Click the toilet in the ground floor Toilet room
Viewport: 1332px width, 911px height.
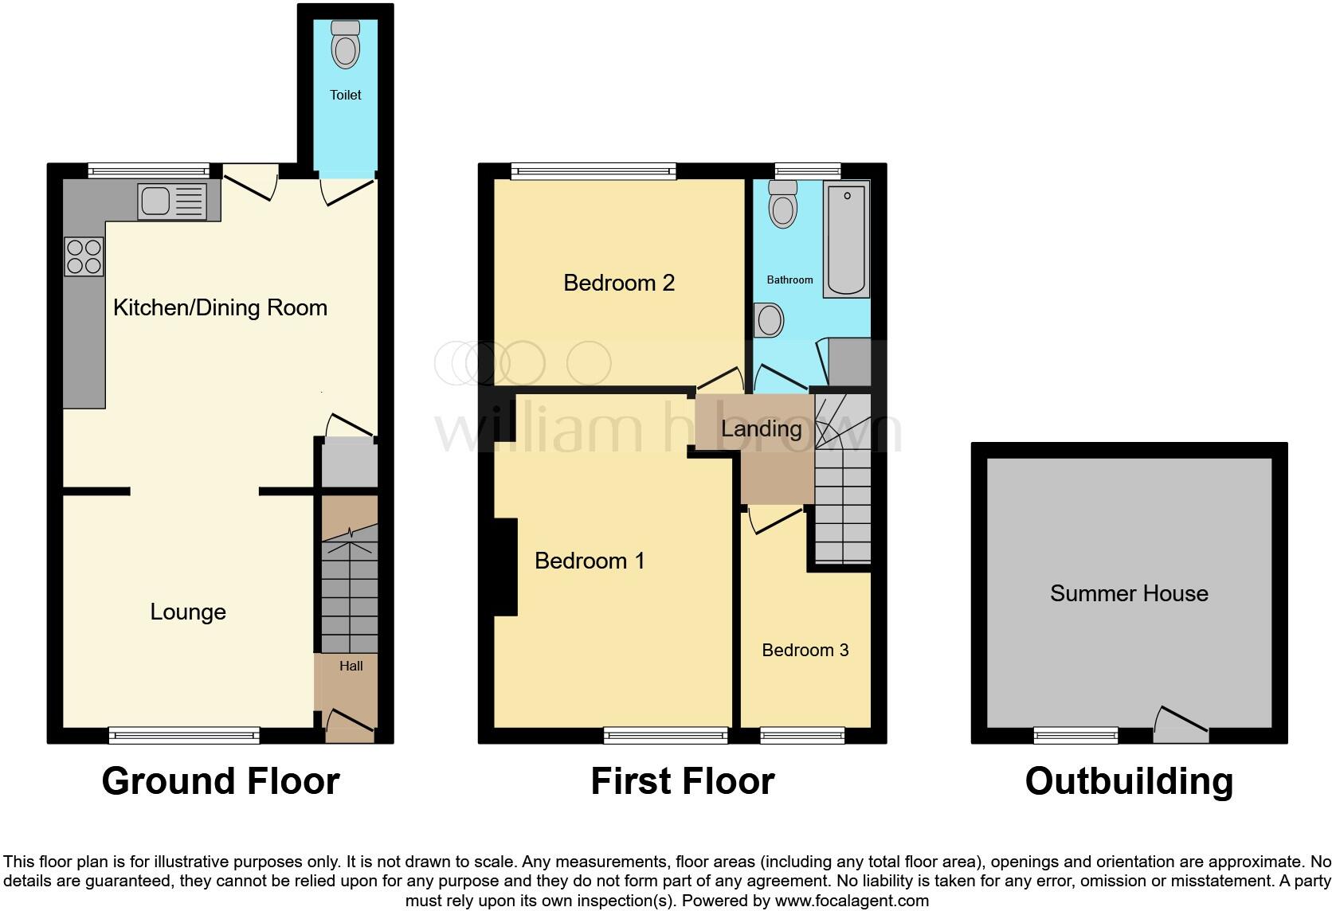[345, 45]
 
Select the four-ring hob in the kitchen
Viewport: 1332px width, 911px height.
[84, 257]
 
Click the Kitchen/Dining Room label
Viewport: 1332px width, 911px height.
[220, 308]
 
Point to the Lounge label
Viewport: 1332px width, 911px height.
[188, 612]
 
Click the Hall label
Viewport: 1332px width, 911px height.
[351, 666]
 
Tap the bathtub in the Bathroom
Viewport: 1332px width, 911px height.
[846, 239]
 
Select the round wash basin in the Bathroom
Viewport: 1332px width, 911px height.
[770, 320]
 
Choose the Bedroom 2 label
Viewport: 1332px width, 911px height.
[619, 283]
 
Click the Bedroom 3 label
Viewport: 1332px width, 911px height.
[805, 650]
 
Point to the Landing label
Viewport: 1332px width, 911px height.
[761, 429]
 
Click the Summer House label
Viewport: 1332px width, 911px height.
[1128, 593]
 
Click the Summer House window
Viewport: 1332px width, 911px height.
[1075, 735]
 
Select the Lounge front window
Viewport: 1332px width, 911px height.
[184, 735]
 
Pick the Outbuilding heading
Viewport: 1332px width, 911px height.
[1128, 781]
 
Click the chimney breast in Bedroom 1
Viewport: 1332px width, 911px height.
[505, 566]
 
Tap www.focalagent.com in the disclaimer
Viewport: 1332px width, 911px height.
[852, 901]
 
